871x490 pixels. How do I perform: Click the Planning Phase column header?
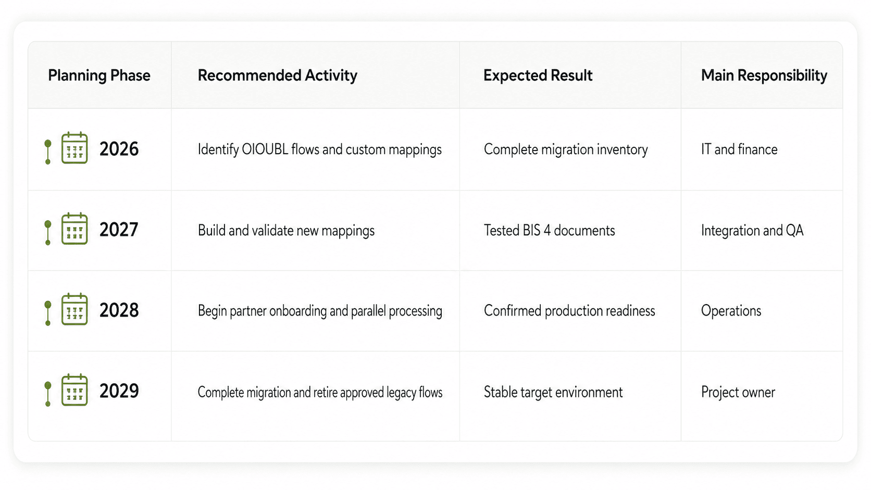click(x=99, y=76)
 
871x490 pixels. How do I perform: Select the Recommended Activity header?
click(x=277, y=76)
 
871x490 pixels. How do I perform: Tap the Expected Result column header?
click(x=538, y=76)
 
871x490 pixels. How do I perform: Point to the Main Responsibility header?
click(x=764, y=76)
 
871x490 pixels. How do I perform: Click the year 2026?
click(x=119, y=149)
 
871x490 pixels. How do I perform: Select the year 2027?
click(x=119, y=230)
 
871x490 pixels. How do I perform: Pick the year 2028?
click(x=119, y=310)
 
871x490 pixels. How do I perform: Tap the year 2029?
click(x=119, y=391)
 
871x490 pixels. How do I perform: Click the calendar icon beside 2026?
click(x=74, y=148)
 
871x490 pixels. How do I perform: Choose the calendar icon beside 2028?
click(x=74, y=309)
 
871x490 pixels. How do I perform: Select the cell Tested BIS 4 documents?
click(x=549, y=231)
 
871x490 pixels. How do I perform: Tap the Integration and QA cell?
click(x=752, y=231)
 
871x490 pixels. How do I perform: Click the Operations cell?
click(x=731, y=311)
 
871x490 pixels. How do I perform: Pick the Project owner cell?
click(x=738, y=392)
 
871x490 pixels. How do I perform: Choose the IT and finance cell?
click(x=739, y=149)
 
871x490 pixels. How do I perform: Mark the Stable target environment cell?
click(x=553, y=392)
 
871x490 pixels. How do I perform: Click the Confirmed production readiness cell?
click(x=569, y=311)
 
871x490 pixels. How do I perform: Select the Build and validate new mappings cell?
click(x=286, y=231)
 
